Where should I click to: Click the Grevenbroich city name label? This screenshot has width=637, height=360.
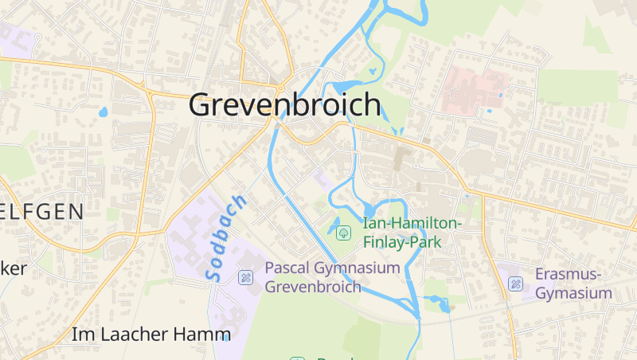(285, 105)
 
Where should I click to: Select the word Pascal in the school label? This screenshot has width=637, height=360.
(291, 268)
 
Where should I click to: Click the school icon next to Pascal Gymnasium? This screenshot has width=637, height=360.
(245, 277)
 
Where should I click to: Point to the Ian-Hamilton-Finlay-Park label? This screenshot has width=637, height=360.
(411, 233)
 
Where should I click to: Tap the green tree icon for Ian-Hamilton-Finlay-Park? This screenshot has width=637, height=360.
(343, 233)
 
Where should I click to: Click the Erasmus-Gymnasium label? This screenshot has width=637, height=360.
(573, 284)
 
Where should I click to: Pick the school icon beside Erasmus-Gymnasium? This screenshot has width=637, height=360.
(516, 284)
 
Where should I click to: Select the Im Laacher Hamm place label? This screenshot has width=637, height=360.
(151, 335)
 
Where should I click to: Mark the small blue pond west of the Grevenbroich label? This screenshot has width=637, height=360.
(103, 112)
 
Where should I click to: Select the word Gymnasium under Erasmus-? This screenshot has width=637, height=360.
(573, 293)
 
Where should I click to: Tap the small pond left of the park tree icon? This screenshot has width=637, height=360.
(333, 225)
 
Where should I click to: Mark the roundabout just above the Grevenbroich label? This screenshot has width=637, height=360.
(280, 84)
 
